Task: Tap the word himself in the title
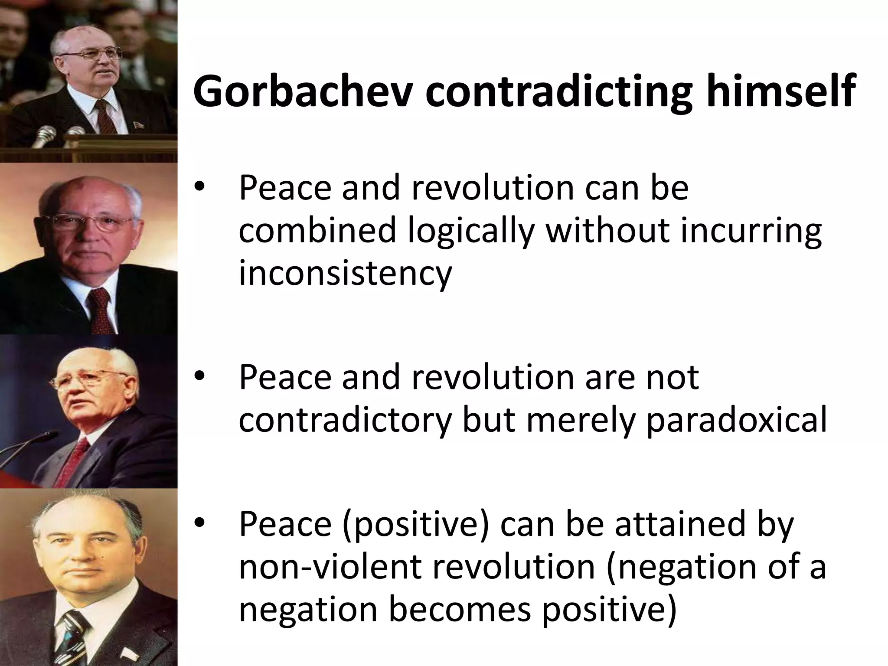pyautogui.click(x=780, y=92)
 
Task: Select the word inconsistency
pyautogui.click(x=345, y=274)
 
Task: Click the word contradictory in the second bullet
pyautogui.click(x=345, y=420)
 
